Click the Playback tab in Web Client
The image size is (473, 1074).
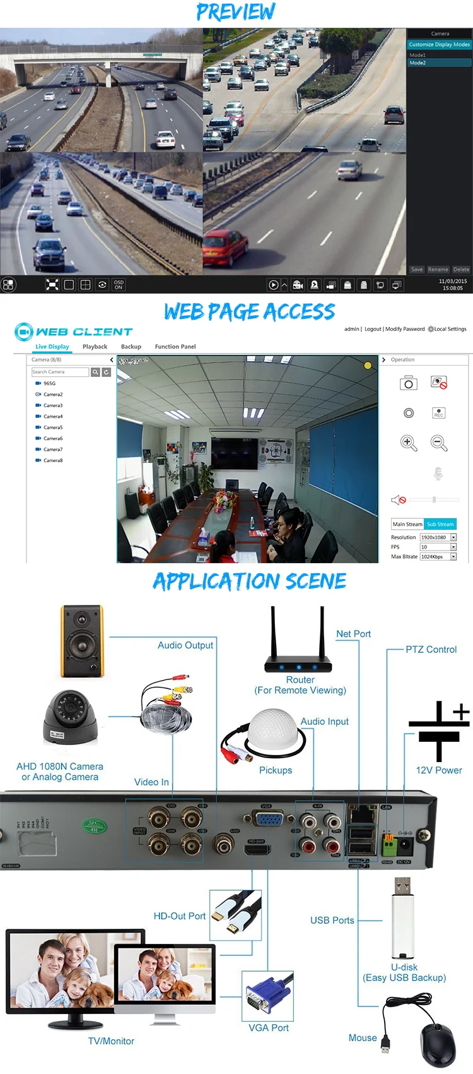point(95,347)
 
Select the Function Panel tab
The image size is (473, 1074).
point(175,347)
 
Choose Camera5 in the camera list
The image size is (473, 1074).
point(53,427)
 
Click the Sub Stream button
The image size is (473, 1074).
point(440,524)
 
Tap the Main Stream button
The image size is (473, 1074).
point(407,524)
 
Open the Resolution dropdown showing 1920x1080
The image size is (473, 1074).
point(453,537)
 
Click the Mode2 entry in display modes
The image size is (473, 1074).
point(418,63)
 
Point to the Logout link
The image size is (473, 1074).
point(373,329)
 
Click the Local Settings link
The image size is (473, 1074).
point(450,329)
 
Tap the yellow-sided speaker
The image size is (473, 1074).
point(82,641)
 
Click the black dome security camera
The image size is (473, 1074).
point(70,717)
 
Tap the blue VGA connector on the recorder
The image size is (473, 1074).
point(269,819)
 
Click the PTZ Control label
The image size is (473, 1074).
point(431,650)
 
